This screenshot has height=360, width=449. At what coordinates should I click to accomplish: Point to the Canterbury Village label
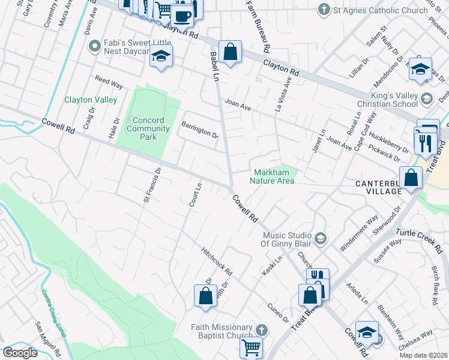386,187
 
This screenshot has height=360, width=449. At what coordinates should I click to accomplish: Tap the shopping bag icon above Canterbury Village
411,178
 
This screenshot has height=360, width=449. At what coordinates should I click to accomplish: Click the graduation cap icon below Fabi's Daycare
161,56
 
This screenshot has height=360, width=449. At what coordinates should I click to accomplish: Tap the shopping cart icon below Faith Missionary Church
251,347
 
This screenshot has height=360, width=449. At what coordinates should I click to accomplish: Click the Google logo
20,353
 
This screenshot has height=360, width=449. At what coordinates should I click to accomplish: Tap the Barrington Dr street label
200,130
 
